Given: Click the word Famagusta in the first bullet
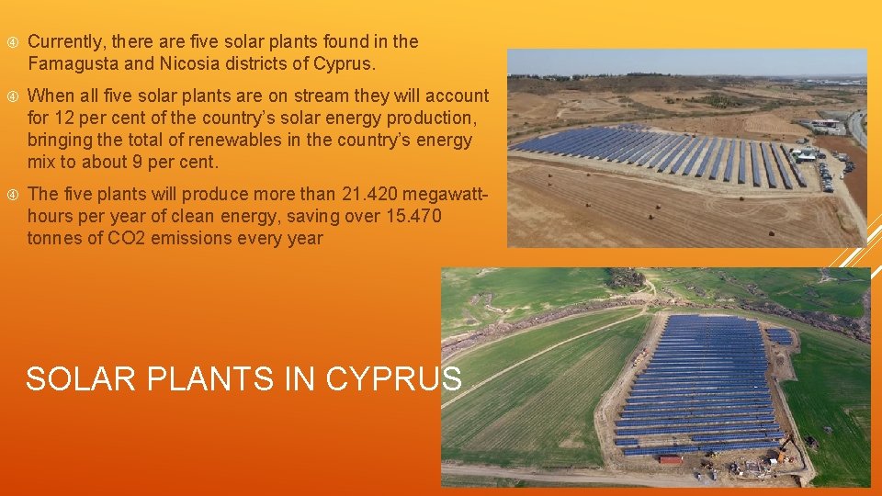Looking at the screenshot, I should pos(72,64).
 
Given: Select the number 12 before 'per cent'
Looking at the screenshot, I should pos(63,118).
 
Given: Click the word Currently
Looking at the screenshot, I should pos(67,41).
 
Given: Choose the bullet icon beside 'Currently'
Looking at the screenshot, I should pos(12,42).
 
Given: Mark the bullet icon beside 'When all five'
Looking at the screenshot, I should pos(12,96).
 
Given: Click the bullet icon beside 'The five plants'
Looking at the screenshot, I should pos(12,195).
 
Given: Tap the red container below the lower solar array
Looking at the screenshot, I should pos(671,458).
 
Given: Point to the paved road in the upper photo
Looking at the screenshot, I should pos(857,129).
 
